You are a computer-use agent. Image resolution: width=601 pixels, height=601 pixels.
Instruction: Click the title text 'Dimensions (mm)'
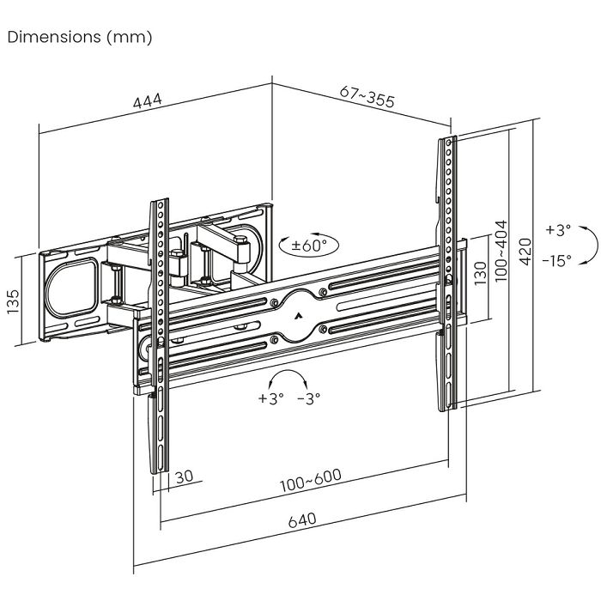coord(79,38)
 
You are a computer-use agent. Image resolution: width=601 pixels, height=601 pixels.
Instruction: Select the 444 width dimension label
coord(148,103)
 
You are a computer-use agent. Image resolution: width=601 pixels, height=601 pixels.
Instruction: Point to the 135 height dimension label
coord(15,301)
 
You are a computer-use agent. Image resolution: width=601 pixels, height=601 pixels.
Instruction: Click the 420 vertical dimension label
coord(525,249)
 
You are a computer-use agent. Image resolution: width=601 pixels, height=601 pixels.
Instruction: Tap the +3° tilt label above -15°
coord(557,230)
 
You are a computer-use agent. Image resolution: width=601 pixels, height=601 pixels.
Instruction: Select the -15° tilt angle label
coord(557,261)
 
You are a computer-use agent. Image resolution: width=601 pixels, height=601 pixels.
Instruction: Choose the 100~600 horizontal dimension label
coord(309,483)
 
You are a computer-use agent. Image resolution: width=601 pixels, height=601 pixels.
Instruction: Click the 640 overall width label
coord(302,520)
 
